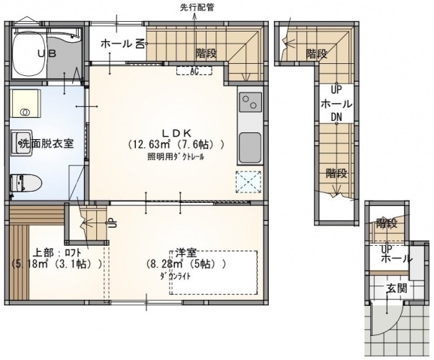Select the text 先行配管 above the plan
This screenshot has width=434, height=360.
pyautogui.click(x=197, y=8)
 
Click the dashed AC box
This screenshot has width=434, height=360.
pyautogui.click(x=194, y=71)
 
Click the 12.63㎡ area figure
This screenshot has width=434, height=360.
pyautogui.click(x=150, y=144)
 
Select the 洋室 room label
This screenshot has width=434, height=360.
pyautogui.click(x=186, y=251)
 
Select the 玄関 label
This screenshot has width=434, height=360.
pyautogui.click(x=396, y=287)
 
